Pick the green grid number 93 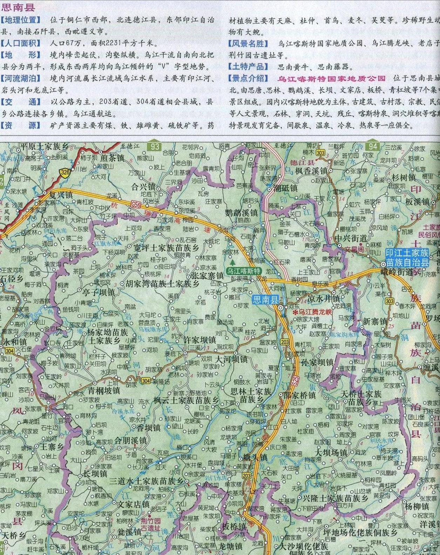pos(155,145)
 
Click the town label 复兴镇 pos(61,195)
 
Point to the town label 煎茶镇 pos(112,158)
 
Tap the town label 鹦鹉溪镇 pos(241,213)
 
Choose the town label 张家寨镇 pos(207,275)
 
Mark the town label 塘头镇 pos(255,458)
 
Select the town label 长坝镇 pos(95,474)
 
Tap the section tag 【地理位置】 pos(21,20)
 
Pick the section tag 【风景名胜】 pos(248,43)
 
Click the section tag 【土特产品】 pos(248,67)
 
